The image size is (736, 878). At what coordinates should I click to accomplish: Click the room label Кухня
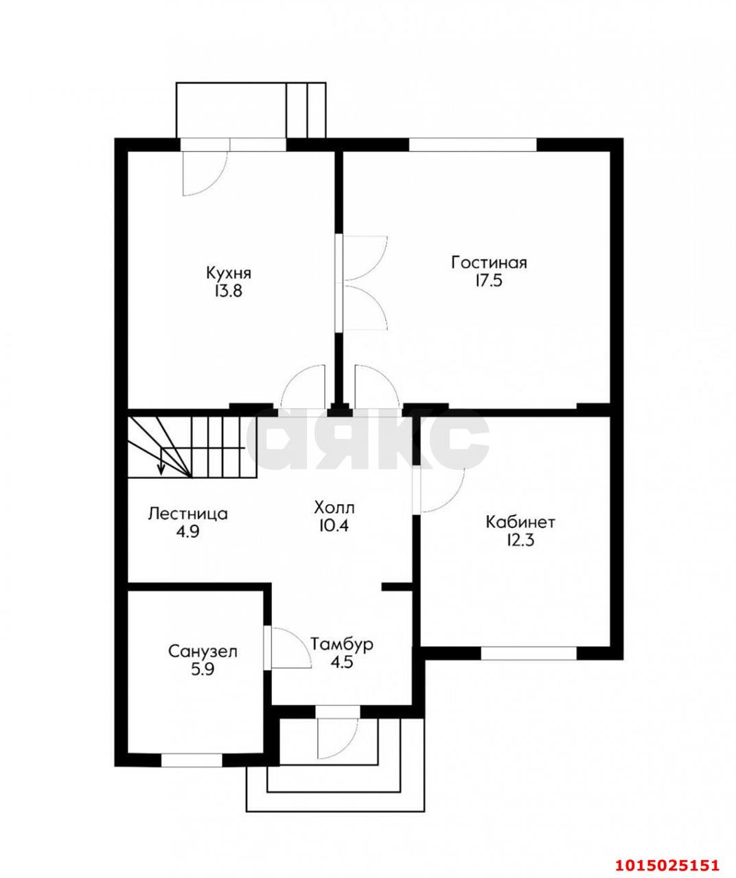(x=229, y=274)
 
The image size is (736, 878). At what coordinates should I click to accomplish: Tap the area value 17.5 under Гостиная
(x=489, y=281)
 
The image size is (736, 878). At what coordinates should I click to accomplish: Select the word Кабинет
(x=520, y=522)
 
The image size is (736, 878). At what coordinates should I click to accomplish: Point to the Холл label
(x=334, y=508)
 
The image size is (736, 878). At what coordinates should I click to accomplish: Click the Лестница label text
(x=187, y=514)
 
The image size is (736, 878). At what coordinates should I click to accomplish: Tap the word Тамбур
(x=342, y=645)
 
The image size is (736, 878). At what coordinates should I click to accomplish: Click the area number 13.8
(x=229, y=292)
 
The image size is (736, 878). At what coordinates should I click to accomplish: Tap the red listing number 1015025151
(x=666, y=866)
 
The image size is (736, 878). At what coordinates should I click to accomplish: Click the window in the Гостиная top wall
(x=473, y=145)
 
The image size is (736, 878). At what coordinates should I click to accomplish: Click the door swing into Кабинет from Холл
(x=442, y=490)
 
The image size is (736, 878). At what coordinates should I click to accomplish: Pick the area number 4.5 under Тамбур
(x=341, y=663)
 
